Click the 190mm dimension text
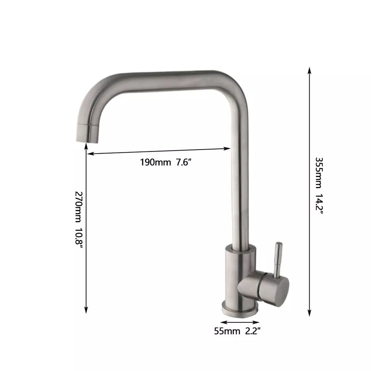click(155, 162)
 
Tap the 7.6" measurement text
click(184, 162)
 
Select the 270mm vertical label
click(78, 207)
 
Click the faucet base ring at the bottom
click(240, 309)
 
